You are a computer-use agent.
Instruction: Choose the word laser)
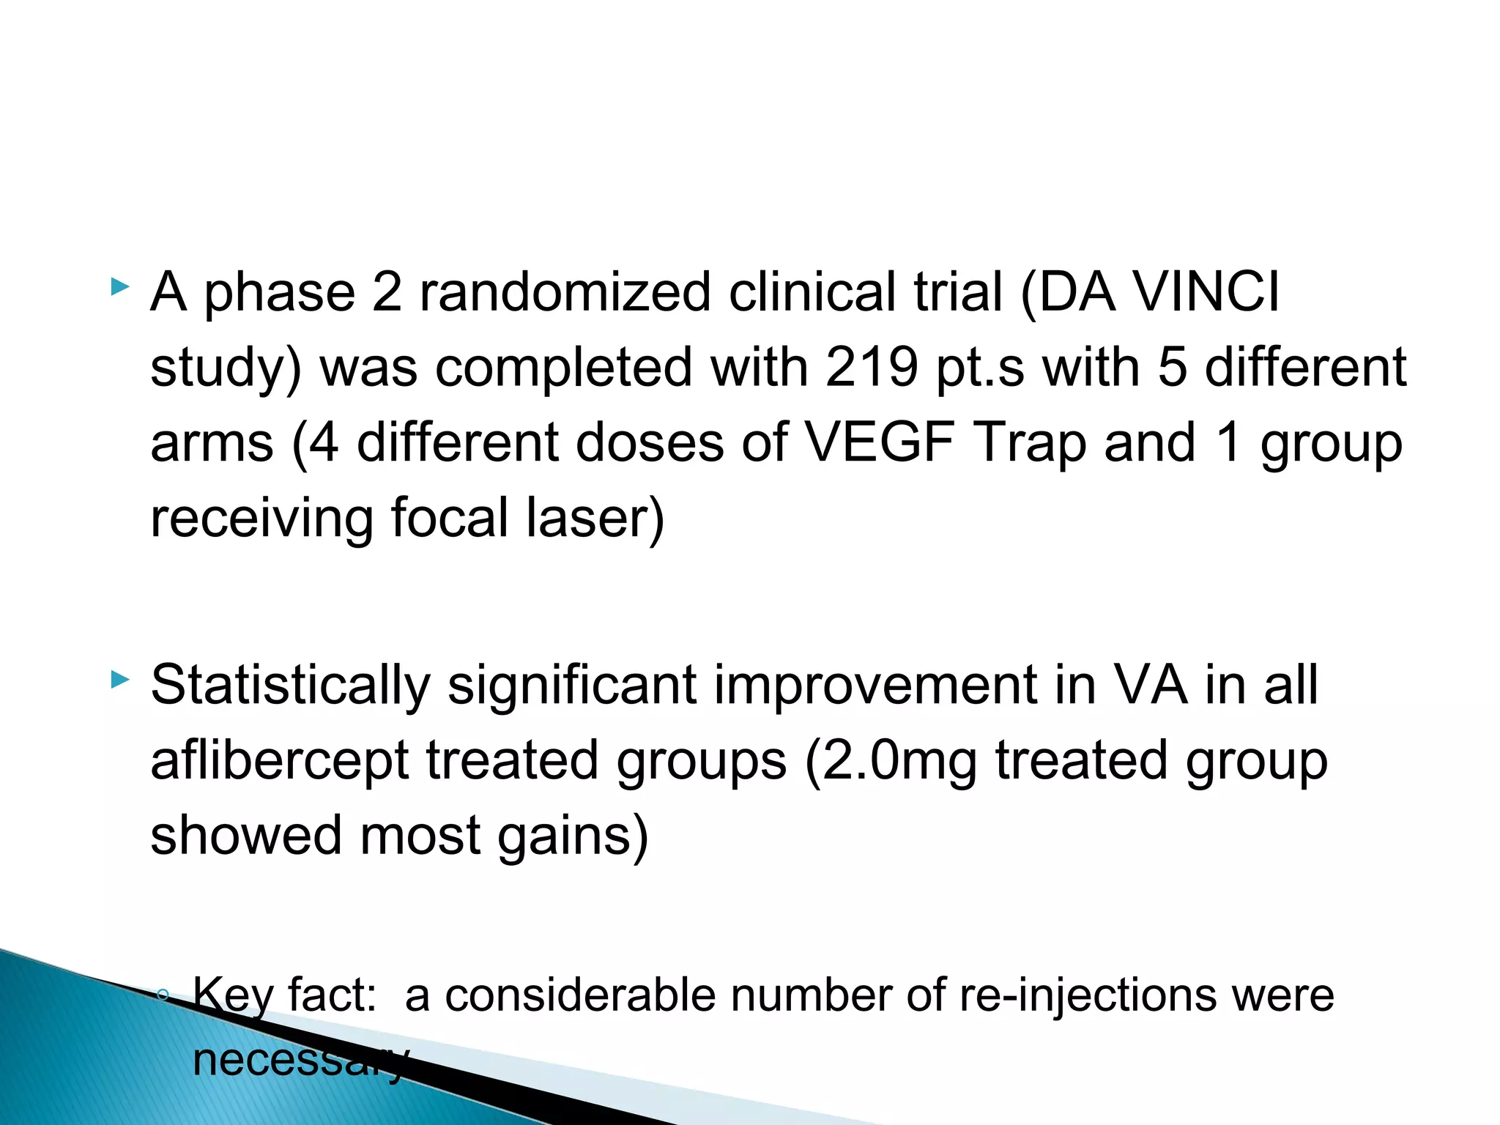[x=595, y=518]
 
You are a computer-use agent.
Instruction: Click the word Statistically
[x=290, y=686]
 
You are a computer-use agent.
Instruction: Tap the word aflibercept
[x=279, y=760]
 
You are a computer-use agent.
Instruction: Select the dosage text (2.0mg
[x=891, y=760]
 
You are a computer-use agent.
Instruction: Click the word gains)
[x=573, y=836]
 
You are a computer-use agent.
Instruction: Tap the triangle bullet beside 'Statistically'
[x=119, y=680]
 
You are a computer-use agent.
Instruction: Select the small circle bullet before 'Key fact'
[x=163, y=994]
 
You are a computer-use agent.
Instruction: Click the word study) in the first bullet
[x=226, y=368]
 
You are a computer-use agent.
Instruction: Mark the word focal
[x=449, y=518]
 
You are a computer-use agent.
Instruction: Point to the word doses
[x=650, y=442]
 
